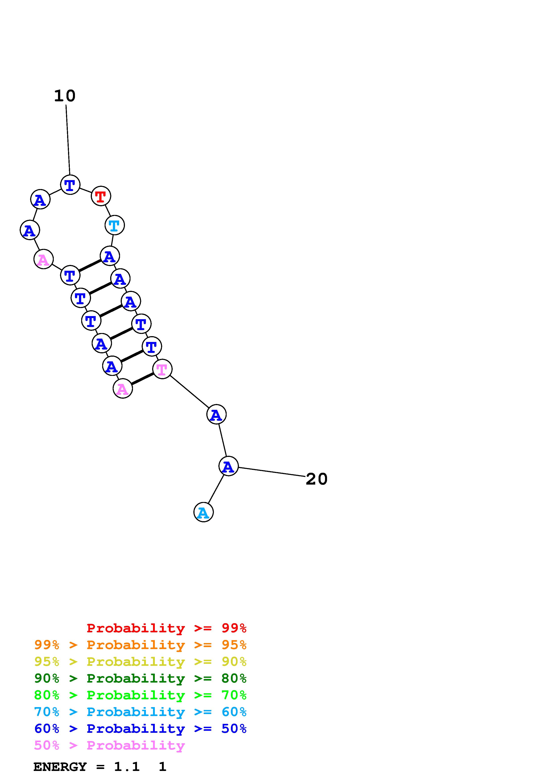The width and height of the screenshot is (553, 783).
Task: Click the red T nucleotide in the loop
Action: (101, 196)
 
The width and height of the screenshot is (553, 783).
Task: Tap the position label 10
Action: (65, 96)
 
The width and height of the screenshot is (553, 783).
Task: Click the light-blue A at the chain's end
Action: (203, 512)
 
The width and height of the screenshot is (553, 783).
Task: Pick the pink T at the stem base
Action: (162, 369)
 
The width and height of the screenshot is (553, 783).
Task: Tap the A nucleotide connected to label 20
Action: (228, 466)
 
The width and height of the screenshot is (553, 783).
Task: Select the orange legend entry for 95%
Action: (140, 645)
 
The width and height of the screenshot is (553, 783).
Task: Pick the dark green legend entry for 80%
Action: (140, 678)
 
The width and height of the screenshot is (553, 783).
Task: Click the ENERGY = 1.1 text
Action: (87, 767)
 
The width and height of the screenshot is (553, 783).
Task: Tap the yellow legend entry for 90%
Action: (140, 662)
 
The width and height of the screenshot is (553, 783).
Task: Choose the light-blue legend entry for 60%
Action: (140, 712)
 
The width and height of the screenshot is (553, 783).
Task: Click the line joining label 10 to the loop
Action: (68, 140)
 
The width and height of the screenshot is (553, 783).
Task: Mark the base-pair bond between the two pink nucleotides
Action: (142, 379)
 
